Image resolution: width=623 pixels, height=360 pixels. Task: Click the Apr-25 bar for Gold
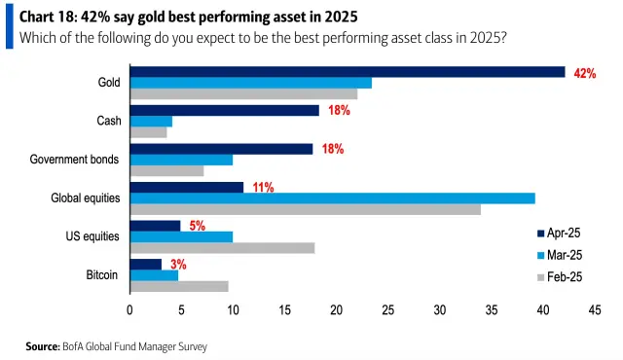[x=348, y=71]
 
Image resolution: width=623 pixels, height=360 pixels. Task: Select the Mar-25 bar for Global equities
[x=333, y=198]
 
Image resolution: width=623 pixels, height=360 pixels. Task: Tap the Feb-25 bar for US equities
[x=222, y=247]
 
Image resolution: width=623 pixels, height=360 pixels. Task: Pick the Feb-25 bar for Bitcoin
[x=179, y=286]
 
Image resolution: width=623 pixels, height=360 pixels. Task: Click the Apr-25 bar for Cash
[x=225, y=110]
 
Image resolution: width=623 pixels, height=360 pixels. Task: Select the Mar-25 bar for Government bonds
[x=182, y=160]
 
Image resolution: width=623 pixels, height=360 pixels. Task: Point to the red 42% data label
[x=585, y=73]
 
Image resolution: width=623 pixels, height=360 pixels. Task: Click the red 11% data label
[x=263, y=187]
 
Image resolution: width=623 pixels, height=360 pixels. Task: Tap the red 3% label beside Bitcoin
[x=179, y=264]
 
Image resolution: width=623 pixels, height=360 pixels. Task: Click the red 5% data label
[x=198, y=226]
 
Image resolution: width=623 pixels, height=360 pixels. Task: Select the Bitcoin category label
[x=102, y=275]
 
